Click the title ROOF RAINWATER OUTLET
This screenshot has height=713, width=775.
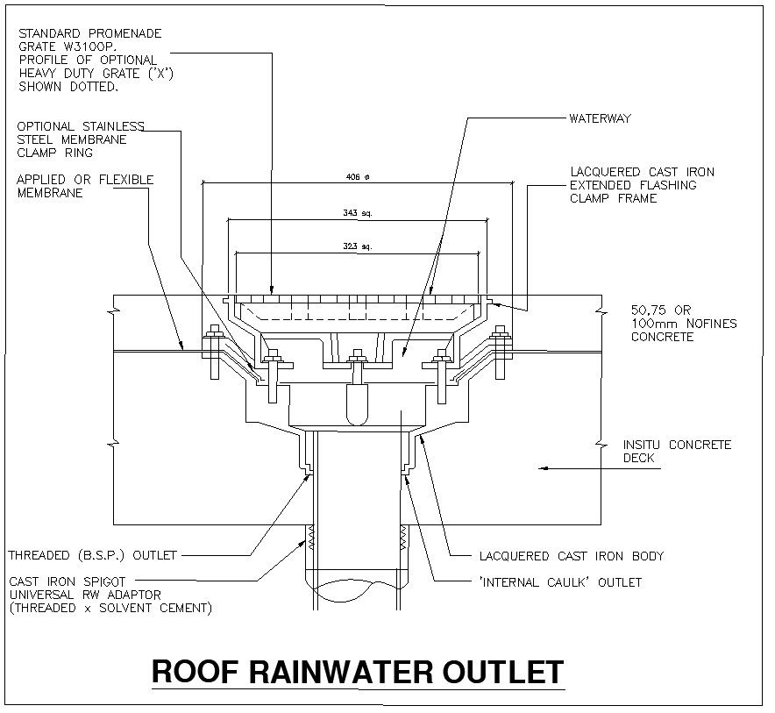point(358,672)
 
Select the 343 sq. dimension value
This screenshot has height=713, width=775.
point(358,213)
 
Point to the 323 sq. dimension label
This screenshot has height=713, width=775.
point(358,247)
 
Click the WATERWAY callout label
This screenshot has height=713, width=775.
point(600,118)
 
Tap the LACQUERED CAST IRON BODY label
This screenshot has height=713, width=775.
point(571,556)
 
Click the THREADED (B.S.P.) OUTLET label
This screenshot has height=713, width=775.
point(92,555)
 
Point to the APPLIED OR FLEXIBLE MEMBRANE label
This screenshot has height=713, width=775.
point(85,186)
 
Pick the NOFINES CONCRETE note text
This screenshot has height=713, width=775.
point(684,324)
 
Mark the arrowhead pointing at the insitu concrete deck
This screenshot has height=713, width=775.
point(543,469)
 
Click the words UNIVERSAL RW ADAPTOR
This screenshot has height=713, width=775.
point(84,595)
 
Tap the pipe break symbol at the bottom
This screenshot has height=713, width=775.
point(356,587)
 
